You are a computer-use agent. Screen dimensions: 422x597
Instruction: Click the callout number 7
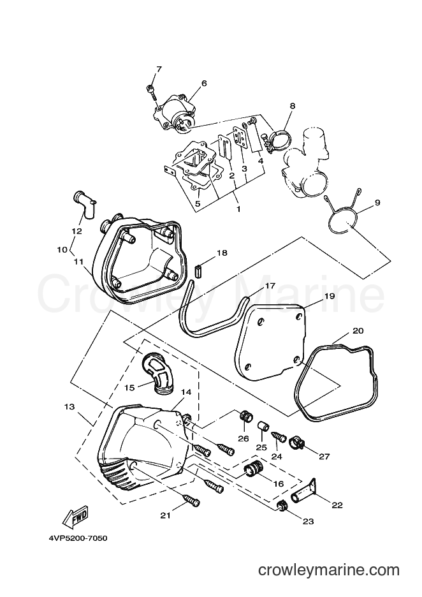159,70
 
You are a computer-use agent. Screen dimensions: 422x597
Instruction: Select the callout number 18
222,253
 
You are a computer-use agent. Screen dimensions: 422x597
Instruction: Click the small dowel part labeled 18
198,272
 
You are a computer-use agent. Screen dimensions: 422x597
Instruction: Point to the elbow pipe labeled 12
84,204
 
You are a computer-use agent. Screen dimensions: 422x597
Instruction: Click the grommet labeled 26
247,416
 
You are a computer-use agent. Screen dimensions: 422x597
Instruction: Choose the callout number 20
358,330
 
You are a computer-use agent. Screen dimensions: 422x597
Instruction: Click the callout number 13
69,407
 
